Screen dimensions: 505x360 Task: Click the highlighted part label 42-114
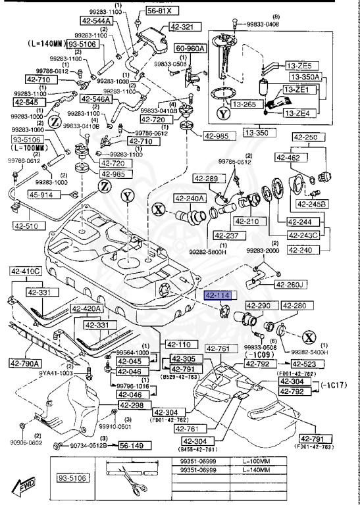217,296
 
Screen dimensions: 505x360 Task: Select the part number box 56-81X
159,11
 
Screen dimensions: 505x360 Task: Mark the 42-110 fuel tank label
178,345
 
